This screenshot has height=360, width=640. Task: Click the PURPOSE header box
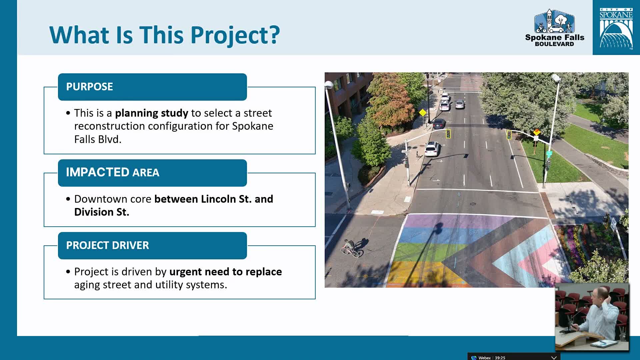click(152, 87)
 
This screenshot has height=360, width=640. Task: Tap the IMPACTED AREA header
click(152, 173)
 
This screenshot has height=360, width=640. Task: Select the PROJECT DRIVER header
click(152, 246)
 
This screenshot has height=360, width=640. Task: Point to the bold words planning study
click(151, 113)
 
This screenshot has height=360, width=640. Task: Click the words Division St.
click(102, 212)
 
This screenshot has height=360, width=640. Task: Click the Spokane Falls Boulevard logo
click(554, 28)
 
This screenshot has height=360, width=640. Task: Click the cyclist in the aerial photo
click(351, 248)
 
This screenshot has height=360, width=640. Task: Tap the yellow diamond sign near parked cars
click(422, 112)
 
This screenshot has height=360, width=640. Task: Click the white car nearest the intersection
click(432, 149)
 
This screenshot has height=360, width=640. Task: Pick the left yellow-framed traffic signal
click(448, 134)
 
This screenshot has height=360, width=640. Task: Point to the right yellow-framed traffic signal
click(509, 135)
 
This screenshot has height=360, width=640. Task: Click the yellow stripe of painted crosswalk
click(417, 272)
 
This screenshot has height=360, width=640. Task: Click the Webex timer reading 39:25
click(500, 358)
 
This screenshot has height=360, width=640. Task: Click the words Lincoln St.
click(226, 199)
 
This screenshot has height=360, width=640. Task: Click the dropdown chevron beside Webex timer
click(554, 358)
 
